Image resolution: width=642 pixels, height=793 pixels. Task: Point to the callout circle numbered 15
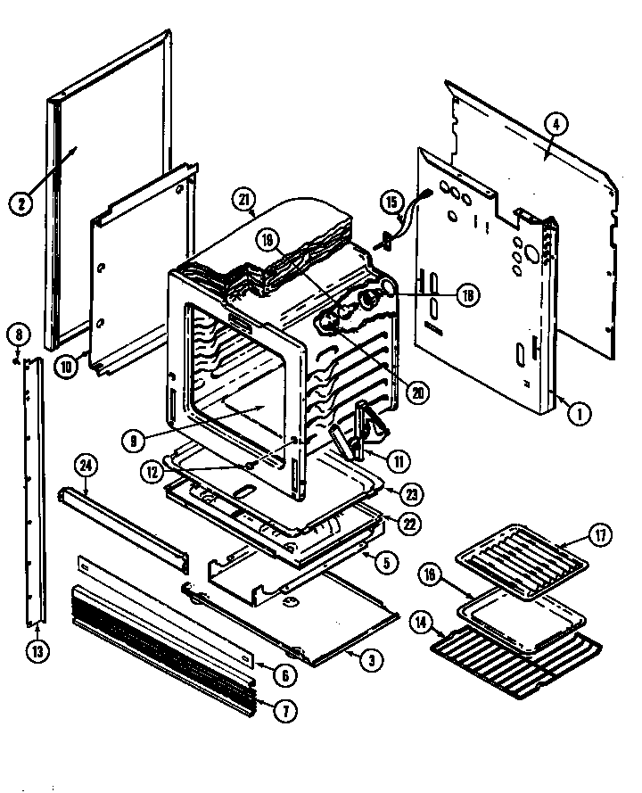coord(390,203)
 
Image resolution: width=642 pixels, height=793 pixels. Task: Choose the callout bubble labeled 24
coord(86,464)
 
